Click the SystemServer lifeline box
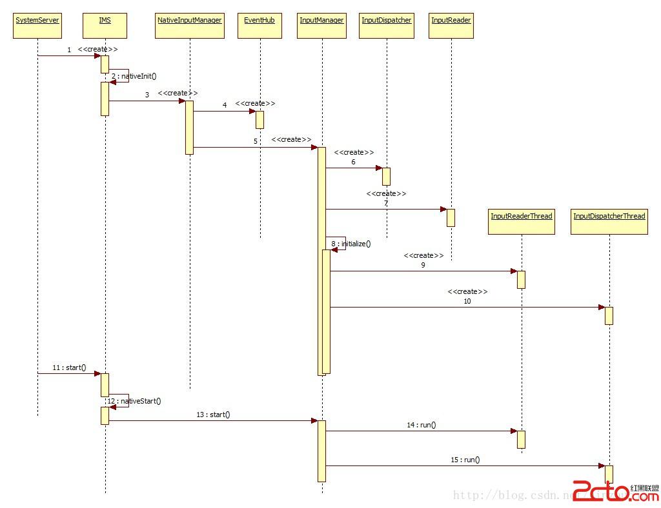(x=37, y=26)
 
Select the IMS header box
(x=105, y=26)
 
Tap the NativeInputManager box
(x=190, y=26)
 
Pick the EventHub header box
(x=259, y=26)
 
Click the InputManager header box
(x=321, y=26)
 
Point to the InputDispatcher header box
(x=387, y=26)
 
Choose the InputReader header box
(x=451, y=26)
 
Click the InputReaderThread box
(x=522, y=221)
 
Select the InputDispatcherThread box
(x=609, y=221)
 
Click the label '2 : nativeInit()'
(x=134, y=76)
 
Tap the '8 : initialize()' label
(x=351, y=244)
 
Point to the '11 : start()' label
(x=69, y=367)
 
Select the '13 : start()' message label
(x=213, y=415)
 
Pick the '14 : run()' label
(x=421, y=425)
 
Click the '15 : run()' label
(x=465, y=460)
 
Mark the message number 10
(x=467, y=301)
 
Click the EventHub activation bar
(x=259, y=119)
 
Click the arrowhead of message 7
(x=443, y=209)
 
